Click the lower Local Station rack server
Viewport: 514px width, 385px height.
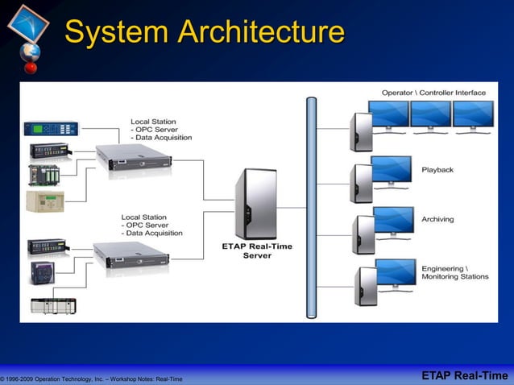pyautogui.click(x=131, y=254)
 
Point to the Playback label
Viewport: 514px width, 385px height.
pyautogui.click(x=437, y=170)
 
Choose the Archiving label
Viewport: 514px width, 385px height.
pyautogui.click(x=438, y=219)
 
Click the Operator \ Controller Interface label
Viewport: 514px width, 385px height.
pyautogui.click(x=433, y=93)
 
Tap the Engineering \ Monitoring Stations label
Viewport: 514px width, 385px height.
pyautogui.click(x=454, y=272)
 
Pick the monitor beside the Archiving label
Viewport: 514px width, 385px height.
pyautogui.click(x=393, y=221)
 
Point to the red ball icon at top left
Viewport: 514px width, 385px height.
pyautogui.click(x=31, y=68)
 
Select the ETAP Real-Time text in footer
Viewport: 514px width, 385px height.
pyautogui.click(x=465, y=376)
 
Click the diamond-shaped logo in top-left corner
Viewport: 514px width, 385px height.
pyautogui.click(x=28, y=23)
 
